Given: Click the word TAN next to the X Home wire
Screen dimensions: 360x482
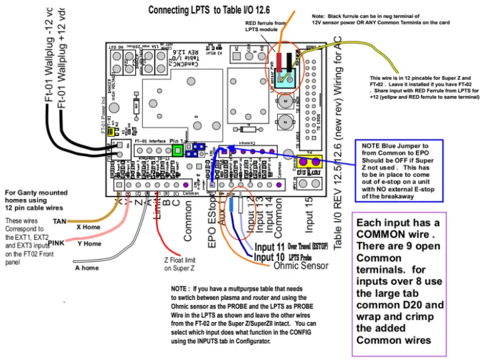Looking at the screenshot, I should pos(59,221).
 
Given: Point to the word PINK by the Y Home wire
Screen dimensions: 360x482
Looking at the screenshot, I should pos(56,243).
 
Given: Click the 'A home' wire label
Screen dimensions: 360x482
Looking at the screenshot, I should pos(87,268).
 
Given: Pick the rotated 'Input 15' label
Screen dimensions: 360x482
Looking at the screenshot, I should pos(309,218).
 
